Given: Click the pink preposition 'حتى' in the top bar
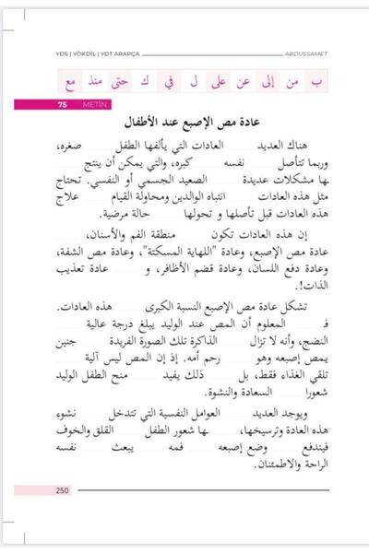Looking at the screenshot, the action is [118, 82].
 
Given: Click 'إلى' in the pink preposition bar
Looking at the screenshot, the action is [269, 82].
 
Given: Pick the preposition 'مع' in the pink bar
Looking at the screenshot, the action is [69, 83].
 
